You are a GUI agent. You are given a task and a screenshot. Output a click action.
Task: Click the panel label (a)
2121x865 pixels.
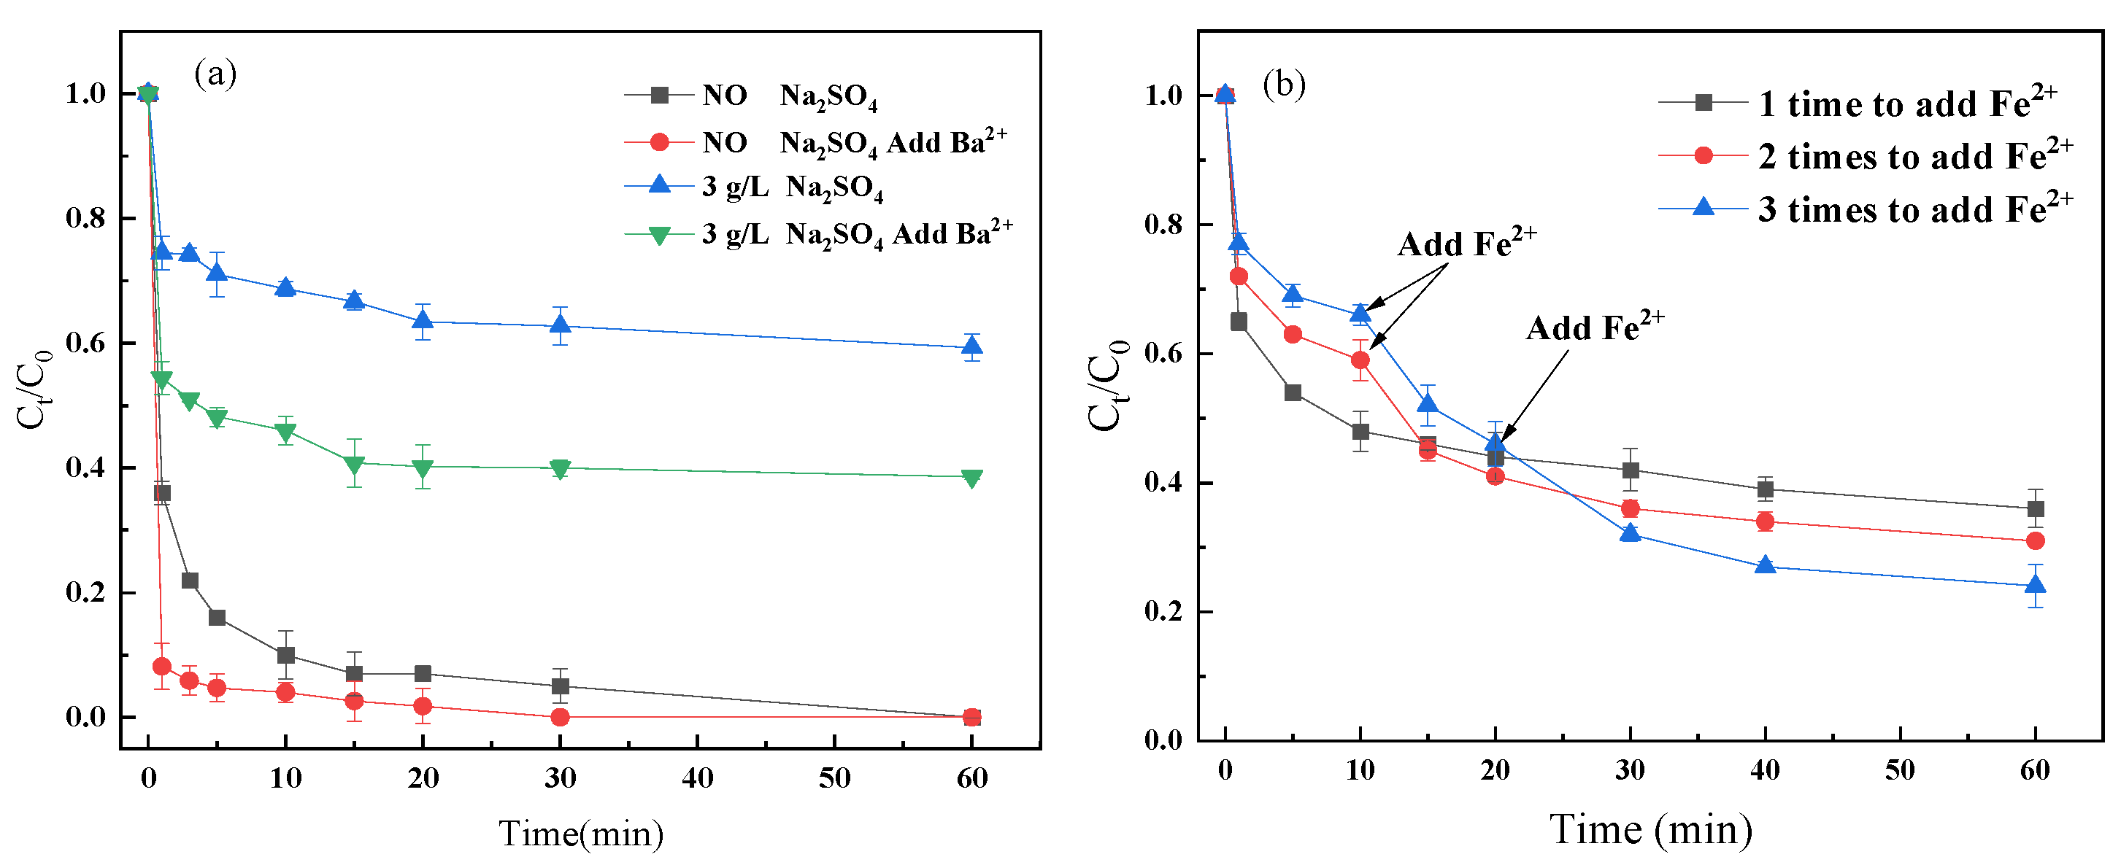pos(215,74)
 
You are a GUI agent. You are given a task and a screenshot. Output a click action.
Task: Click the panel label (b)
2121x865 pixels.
pos(1284,85)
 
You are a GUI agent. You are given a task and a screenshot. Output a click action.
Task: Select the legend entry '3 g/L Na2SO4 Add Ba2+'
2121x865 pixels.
pos(856,235)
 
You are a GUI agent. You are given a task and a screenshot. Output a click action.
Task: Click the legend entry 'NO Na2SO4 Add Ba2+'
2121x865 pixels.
pos(853,142)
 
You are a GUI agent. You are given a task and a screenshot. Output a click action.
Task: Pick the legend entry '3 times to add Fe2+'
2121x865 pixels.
pos(1914,209)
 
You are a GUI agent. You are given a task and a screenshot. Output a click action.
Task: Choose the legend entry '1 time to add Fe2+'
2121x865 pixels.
pos(1906,104)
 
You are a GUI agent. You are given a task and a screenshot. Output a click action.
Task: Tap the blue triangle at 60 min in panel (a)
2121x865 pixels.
pos(971,346)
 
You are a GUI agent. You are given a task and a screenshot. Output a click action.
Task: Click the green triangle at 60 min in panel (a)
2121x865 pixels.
pos(971,478)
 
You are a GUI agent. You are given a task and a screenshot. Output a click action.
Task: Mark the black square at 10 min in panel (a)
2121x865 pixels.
pos(285,655)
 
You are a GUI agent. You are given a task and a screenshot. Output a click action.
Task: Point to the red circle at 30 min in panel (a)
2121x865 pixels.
pos(560,717)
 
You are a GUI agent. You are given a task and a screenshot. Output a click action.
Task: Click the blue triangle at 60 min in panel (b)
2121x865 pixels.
pos(2035,585)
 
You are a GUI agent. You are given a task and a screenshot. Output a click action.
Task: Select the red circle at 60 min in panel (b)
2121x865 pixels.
pos(2035,540)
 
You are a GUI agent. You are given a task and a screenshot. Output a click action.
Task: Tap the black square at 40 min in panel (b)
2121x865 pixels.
pos(1765,489)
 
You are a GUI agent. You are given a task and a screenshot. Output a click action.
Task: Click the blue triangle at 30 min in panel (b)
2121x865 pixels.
pos(1630,533)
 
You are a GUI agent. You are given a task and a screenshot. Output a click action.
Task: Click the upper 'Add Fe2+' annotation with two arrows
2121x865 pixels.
pos(1466,244)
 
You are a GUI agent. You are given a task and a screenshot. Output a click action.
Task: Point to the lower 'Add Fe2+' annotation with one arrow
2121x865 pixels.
pos(1594,328)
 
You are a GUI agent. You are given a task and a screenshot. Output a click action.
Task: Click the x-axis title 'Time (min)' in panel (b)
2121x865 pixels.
pos(1650,829)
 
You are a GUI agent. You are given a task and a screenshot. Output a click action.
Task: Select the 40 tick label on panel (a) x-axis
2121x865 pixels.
pos(698,777)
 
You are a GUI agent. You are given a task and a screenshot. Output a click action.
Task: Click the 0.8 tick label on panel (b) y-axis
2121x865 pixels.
pos(1163,225)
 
